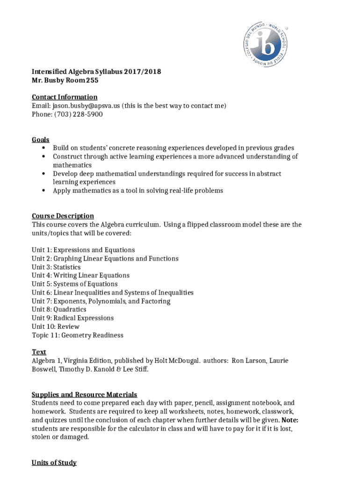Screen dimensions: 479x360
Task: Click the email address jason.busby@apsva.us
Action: point(86,106)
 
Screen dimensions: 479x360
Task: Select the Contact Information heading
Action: point(65,97)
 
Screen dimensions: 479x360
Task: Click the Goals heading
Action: point(41,139)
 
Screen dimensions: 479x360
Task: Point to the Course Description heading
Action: point(63,216)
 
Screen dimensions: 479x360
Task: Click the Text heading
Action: point(39,352)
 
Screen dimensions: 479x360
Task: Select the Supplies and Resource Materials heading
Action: point(84,394)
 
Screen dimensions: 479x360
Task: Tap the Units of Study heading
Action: point(54,463)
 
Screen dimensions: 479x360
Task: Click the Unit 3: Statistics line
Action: point(56,267)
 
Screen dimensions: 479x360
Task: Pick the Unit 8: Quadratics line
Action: point(59,309)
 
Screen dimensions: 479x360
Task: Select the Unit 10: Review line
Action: point(56,327)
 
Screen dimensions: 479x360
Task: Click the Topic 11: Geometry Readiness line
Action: point(78,335)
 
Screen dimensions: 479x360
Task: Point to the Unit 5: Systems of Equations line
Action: point(75,284)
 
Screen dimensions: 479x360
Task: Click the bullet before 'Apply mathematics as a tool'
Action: point(43,191)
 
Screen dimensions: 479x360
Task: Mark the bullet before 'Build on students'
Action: point(43,148)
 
